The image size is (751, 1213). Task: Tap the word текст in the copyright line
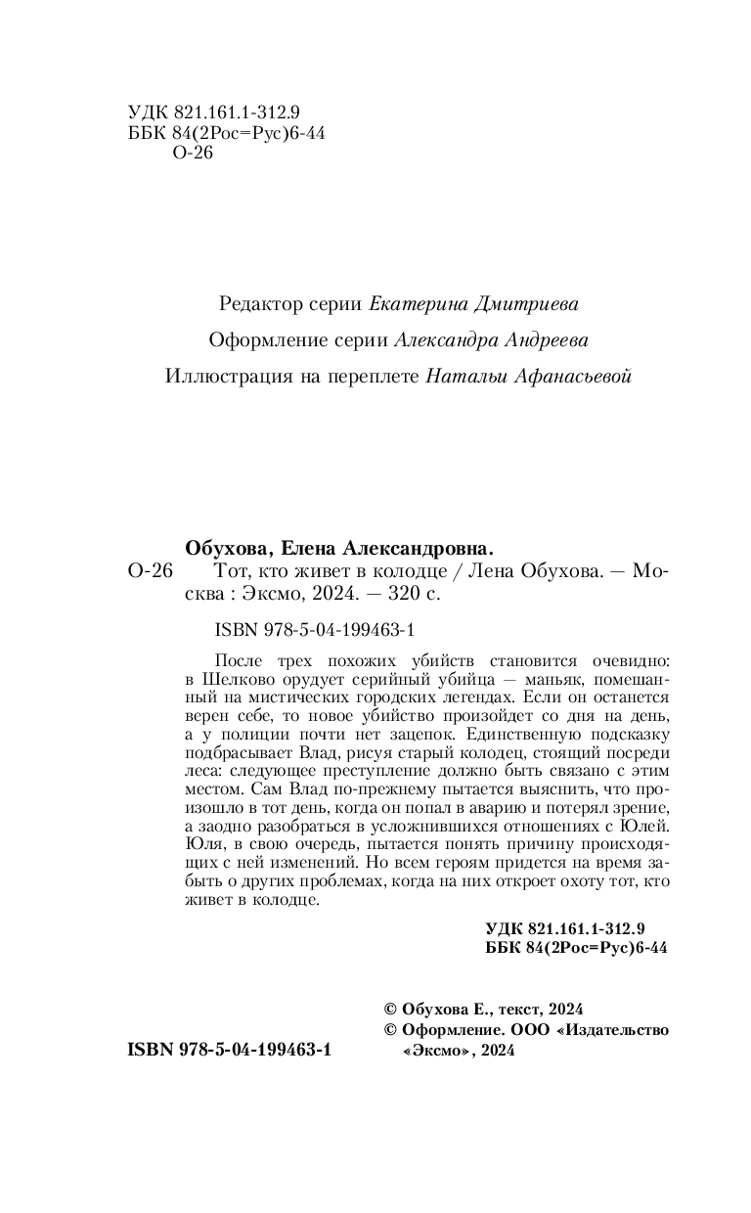(x=519, y=1009)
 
